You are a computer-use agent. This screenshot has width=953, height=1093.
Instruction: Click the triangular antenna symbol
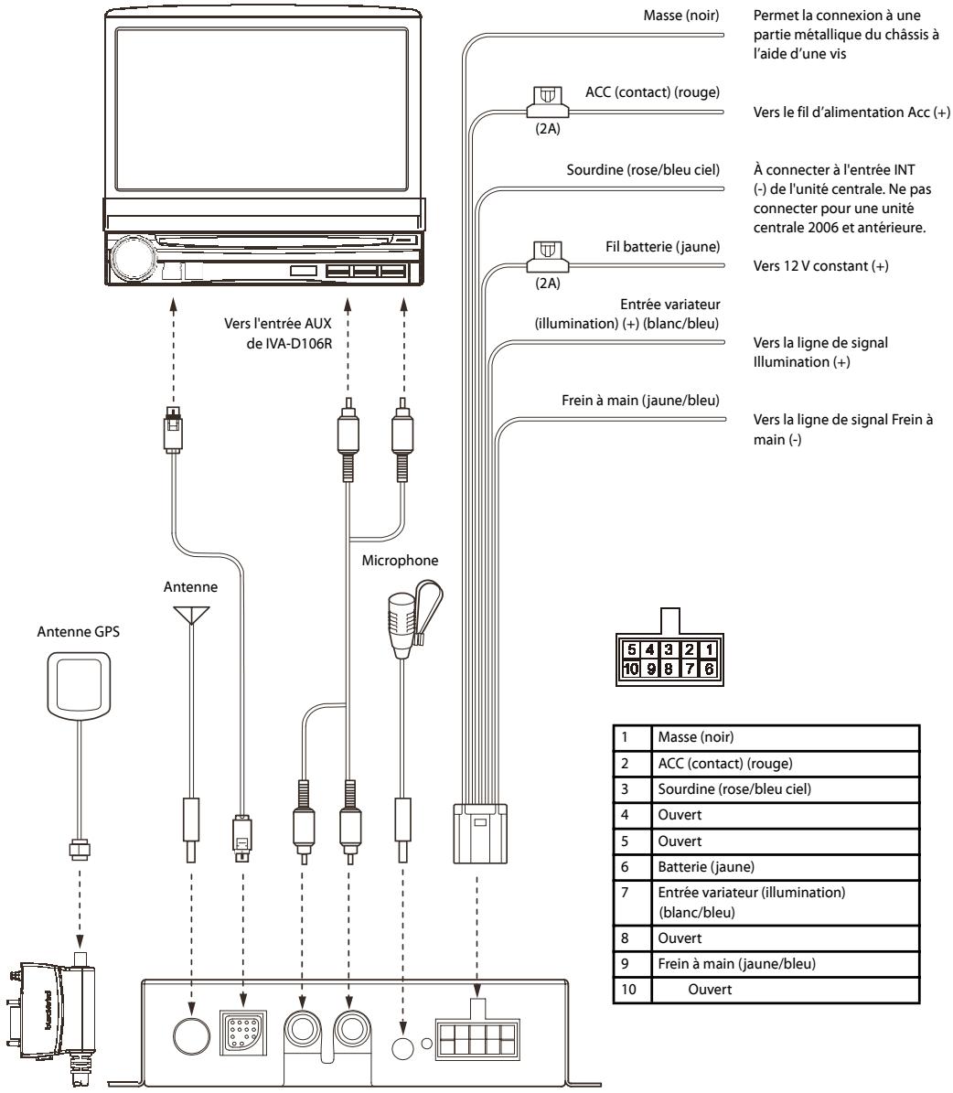[x=189, y=613]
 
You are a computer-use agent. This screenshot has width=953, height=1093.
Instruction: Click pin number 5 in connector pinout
[x=631, y=648]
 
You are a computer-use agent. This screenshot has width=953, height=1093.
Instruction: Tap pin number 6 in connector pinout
[x=708, y=668]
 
